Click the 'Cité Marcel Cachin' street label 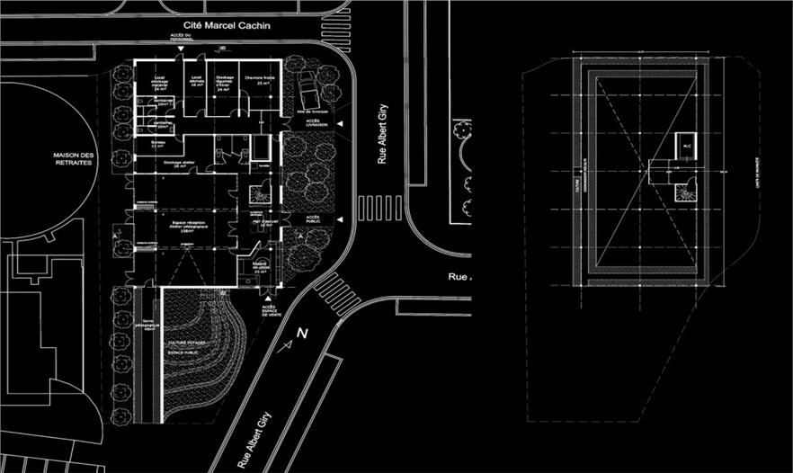tap(226, 26)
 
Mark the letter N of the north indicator tap(302, 334)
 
